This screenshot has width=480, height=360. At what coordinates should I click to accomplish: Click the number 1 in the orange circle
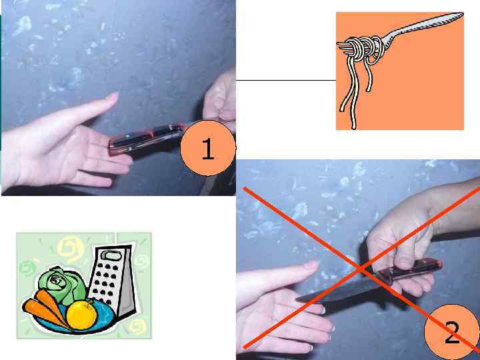coord(208,149)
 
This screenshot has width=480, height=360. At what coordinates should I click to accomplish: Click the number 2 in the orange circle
coord(452,333)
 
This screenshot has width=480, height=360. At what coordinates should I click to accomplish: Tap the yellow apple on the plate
coord(81,315)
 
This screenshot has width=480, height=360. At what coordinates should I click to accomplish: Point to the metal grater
coord(113,281)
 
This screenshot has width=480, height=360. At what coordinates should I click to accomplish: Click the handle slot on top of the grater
coord(113,255)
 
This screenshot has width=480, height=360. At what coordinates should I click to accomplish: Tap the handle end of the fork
coord(460,15)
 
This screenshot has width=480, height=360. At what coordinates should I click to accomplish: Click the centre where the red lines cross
coord(361,269)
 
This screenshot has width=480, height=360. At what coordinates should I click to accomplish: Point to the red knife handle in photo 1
coord(147,139)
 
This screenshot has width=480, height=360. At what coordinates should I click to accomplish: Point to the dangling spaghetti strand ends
coord(355,110)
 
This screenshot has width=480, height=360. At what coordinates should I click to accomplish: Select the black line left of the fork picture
coord(286,80)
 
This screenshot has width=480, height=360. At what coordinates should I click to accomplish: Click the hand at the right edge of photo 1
coord(221,98)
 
